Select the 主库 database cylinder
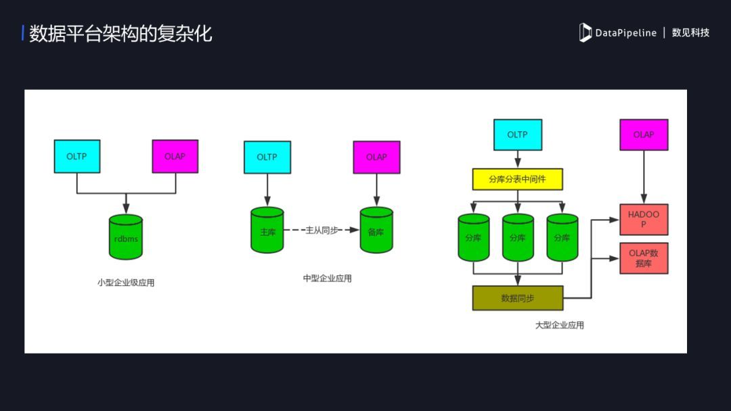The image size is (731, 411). (267, 231)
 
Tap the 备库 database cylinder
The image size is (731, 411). (376, 231)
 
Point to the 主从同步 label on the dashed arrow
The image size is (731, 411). (321, 231)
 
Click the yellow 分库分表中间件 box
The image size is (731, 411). (517, 179)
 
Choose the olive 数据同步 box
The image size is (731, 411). (517, 297)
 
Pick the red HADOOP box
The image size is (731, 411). (644, 219)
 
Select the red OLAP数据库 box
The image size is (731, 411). (644, 258)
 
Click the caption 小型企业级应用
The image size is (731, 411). (126, 283)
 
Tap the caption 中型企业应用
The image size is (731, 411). (328, 278)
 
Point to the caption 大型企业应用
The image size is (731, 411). (560, 325)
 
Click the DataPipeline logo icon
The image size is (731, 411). (585, 32)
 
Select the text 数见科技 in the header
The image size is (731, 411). (690, 32)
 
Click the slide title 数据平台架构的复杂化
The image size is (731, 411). (120, 34)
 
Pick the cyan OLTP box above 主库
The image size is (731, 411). (267, 157)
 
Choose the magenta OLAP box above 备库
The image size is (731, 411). (376, 157)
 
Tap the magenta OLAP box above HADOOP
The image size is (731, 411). (644, 135)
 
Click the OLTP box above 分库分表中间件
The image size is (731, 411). (517, 135)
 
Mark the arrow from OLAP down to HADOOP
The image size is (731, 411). (644, 177)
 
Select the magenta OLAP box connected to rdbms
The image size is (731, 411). (175, 156)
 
